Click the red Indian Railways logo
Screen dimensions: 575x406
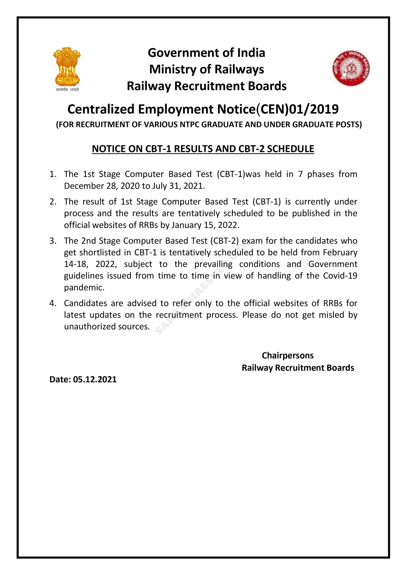(351, 68)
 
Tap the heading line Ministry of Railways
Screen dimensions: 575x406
(206, 69)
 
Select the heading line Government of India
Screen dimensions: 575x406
(206, 53)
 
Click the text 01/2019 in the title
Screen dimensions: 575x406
(314, 109)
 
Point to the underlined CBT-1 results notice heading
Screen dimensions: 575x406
(203, 149)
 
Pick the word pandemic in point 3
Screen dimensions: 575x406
(84, 287)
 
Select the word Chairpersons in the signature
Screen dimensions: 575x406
(287, 355)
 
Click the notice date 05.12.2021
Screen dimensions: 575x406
(95, 379)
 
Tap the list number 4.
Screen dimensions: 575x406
(53, 303)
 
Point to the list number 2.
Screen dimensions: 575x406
(53, 202)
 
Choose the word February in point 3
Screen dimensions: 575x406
(340, 252)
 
